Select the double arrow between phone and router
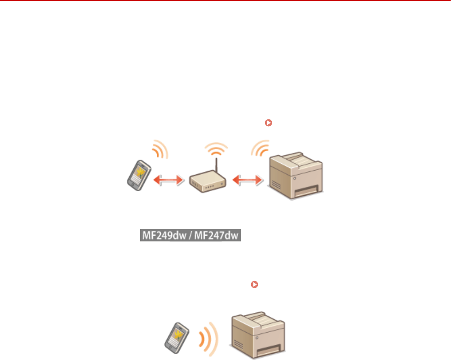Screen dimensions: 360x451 (168, 180)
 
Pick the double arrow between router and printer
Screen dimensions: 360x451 (247, 180)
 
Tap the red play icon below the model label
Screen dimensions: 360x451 (255, 284)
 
